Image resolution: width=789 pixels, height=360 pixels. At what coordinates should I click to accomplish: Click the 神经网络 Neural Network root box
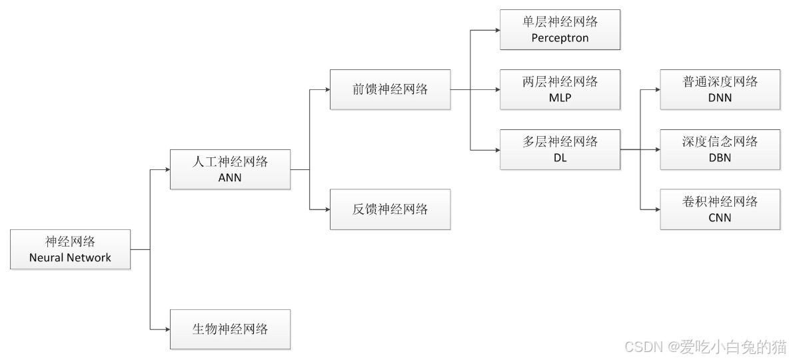point(70,249)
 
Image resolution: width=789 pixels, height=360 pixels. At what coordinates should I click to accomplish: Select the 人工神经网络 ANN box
point(230,169)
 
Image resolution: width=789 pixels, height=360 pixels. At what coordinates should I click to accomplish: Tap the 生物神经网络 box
point(230,329)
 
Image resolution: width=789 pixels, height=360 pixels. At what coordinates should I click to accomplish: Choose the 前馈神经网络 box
point(390,89)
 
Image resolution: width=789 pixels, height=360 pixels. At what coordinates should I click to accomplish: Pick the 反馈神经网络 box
point(390,209)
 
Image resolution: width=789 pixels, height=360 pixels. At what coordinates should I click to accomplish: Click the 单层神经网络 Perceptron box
point(560,29)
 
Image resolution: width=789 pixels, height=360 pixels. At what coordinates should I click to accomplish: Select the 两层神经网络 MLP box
point(560,89)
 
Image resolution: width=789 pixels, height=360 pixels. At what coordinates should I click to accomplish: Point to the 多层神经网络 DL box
point(560,149)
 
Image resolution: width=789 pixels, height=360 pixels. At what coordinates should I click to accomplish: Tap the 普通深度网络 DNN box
point(720,89)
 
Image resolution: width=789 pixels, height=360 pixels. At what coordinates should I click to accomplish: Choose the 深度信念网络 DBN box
point(720,149)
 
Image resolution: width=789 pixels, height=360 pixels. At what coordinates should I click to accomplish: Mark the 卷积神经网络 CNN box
point(720,209)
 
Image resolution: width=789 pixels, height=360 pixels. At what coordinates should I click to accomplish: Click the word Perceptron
point(560,38)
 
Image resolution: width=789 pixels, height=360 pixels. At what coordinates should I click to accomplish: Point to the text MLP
point(560,98)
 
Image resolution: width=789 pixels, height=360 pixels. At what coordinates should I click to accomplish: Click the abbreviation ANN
point(230,178)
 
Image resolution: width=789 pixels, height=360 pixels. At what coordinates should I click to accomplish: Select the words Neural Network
point(70,257)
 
